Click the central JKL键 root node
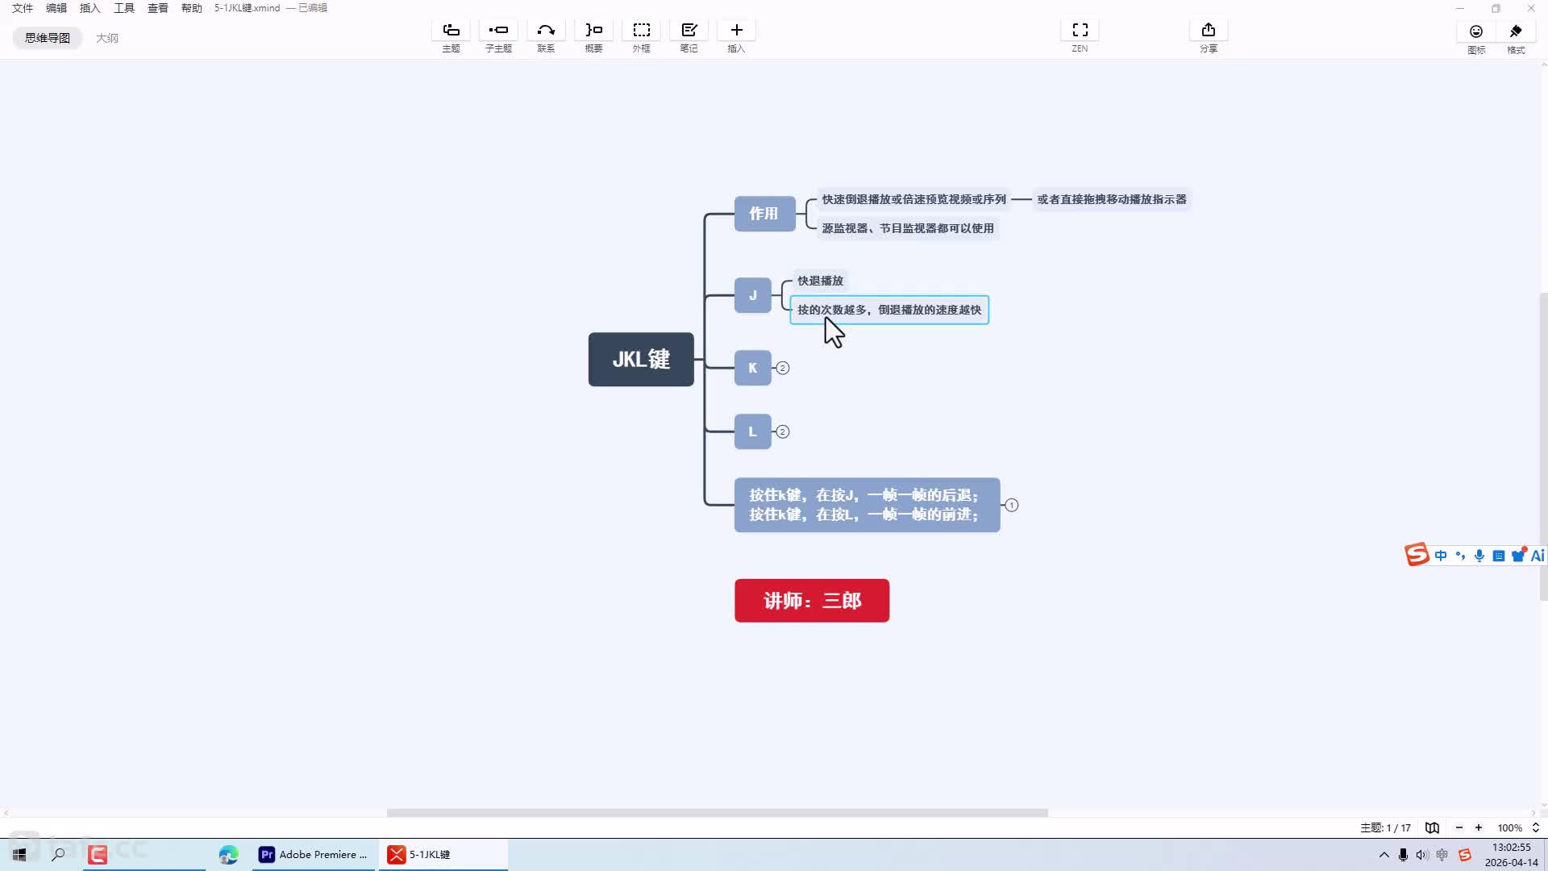pos(641,359)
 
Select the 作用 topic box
pos(764,214)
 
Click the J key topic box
pos(753,295)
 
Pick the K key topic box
pos(753,368)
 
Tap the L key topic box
pos(753,431)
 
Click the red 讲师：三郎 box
pos(812,601)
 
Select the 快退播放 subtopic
pos(820,281)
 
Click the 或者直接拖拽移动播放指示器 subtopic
pos(1112,199)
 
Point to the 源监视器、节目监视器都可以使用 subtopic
pos(908,228)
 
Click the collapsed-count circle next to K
pos(782,368)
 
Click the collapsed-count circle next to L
pos(782,431)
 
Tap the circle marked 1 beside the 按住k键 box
pos(1012,505)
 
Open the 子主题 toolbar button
pos(498,37)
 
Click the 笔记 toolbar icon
pos(689,37)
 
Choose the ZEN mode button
pos(1080,37)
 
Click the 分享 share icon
pos(1208,37)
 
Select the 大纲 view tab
pos(107,38)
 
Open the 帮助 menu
pos(192,8)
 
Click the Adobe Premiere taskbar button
pos(313,855)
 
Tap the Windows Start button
pos(19,855)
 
